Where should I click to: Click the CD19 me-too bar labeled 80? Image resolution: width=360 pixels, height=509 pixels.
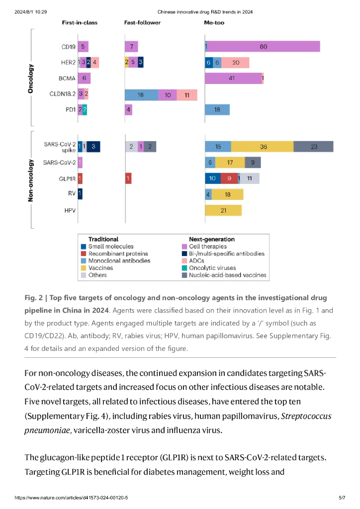(x=263, y=47)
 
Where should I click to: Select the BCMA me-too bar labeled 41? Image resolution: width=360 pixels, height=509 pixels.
(x=232, y=78)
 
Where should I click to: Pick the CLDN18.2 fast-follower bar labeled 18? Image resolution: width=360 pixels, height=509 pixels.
(x=141, y=95)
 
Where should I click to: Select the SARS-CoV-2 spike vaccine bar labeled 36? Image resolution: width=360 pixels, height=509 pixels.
(x=263, y=147)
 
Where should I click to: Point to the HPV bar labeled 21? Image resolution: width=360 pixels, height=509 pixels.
(x=223, y=210)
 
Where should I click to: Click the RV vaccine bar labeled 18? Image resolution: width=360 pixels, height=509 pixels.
(x=228, y=194)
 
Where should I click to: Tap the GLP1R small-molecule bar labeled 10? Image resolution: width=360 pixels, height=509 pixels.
(x=212, y=178)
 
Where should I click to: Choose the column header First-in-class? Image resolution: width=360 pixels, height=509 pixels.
(x=80, y=23)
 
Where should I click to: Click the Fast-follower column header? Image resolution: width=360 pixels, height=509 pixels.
(x=142, y=23)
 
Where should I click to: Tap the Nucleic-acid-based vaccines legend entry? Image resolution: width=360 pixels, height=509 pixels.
(x=227, y=275)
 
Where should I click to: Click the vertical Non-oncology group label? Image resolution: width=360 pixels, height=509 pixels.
(x=30, y=180)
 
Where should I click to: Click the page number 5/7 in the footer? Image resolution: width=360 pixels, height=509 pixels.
(x=342, y=498)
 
